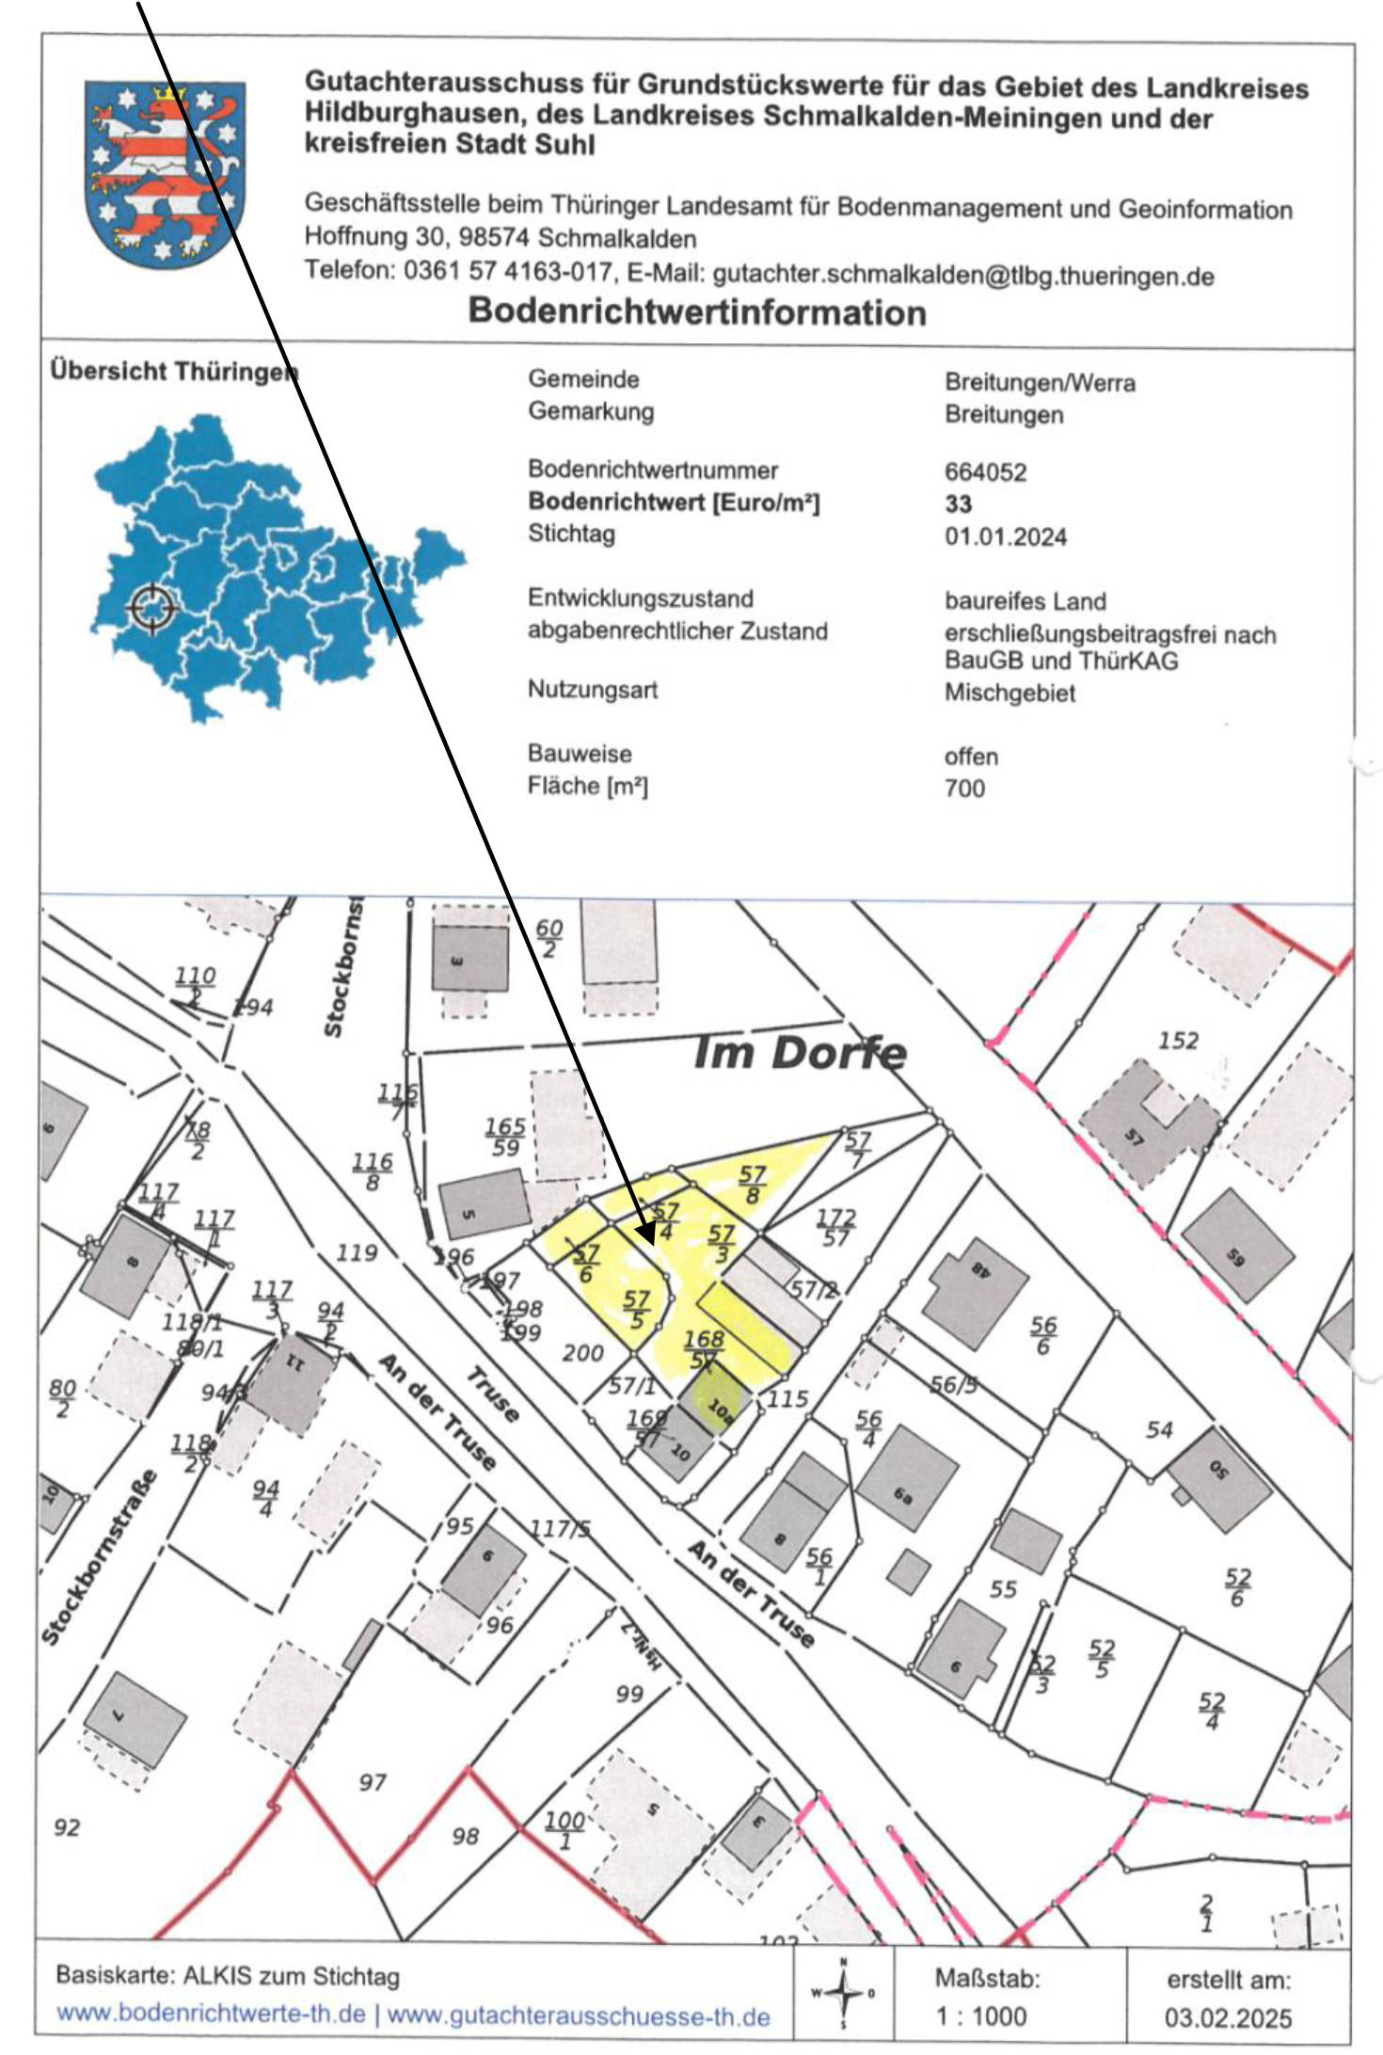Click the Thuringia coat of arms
click(165, 173)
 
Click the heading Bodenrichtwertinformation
click(697, 311)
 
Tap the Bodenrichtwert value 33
click(958, 504)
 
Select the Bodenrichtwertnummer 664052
click(985, 472)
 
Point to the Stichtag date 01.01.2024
click(1005, 537)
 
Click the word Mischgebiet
click(1009, 693)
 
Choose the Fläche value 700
click(964, 789)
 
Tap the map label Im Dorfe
click(800, 1053)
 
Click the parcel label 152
click(1178, 1041)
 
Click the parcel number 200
click(582, 1353)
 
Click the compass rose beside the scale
click(844, 1993)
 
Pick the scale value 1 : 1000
click(980, 2016)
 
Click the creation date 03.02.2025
click(1228, 2017)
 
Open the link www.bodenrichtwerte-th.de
click(211, 2015)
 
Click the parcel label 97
click(373, 1782)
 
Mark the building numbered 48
click(977, 1278)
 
